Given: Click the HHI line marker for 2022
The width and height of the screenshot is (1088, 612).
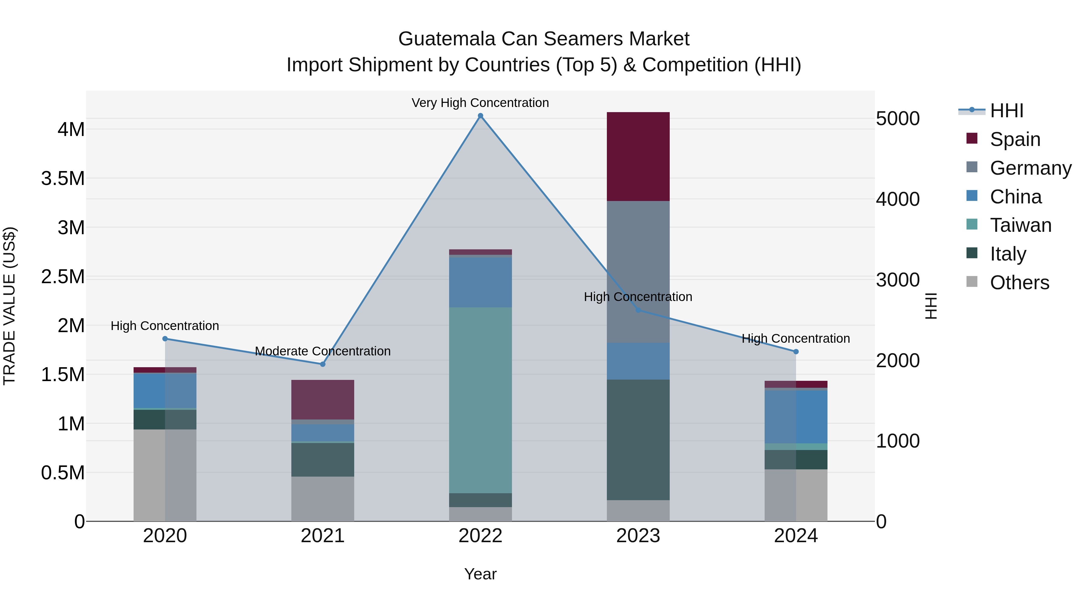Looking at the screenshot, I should pos(480,116).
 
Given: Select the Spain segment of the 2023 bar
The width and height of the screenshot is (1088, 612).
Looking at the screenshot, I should pos(638,156).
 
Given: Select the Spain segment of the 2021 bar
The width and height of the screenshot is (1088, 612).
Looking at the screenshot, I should pos(323,399).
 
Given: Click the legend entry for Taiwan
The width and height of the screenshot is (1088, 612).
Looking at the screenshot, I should pos(1020,225).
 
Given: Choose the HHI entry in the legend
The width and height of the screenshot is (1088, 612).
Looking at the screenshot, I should pos(1006,111).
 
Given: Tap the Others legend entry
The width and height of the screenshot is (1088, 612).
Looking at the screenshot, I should pos(1019,283).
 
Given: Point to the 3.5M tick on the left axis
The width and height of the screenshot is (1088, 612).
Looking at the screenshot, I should pos(63,179).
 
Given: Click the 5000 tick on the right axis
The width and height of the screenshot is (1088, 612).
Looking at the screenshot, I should pos(898,119).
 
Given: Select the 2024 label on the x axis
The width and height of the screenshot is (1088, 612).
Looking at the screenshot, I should pos(796,536).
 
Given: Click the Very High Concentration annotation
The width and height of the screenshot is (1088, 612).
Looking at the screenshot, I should pos(480,103).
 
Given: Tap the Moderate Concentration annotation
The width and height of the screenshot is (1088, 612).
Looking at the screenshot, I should pos(323,351).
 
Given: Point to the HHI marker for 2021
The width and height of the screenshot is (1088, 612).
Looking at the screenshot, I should pos(323,364).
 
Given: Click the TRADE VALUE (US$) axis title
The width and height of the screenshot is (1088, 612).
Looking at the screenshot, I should pos(9,306).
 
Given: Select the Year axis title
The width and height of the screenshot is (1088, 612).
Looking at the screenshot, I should pos(480,574).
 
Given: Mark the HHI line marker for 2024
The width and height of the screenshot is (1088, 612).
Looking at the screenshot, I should pos(796,351).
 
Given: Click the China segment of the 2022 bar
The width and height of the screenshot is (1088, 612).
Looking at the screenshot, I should pos(480,282).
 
